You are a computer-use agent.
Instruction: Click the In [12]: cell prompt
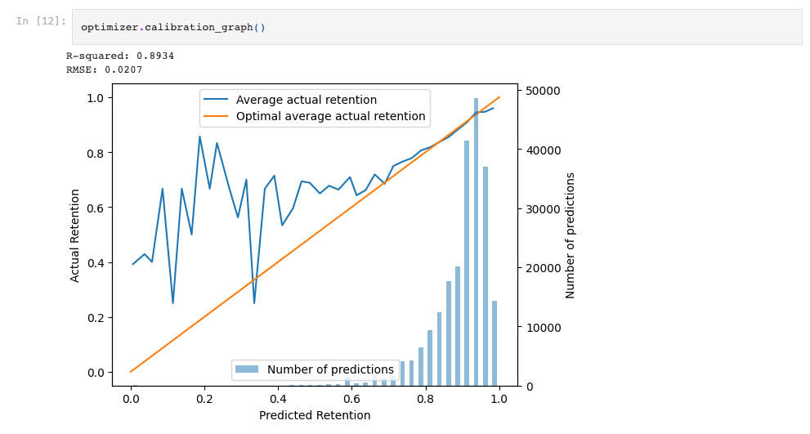point(41,21)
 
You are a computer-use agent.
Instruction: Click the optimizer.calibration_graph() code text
point(172,28)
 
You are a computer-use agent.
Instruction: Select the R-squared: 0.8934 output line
point(120,56)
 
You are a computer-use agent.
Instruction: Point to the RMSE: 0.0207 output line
point(105,70)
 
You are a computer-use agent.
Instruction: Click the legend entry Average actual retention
point(306,100)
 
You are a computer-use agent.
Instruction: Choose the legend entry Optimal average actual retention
point(330,117)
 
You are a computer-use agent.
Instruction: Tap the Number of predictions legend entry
point(329,369)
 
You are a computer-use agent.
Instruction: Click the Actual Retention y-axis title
point(75,235)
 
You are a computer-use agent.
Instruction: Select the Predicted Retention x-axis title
point(315,415)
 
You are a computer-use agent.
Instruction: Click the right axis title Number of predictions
point(571,235)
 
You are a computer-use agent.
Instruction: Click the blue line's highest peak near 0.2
point(199,136)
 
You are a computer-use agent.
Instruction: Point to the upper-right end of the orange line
point(499,97)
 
